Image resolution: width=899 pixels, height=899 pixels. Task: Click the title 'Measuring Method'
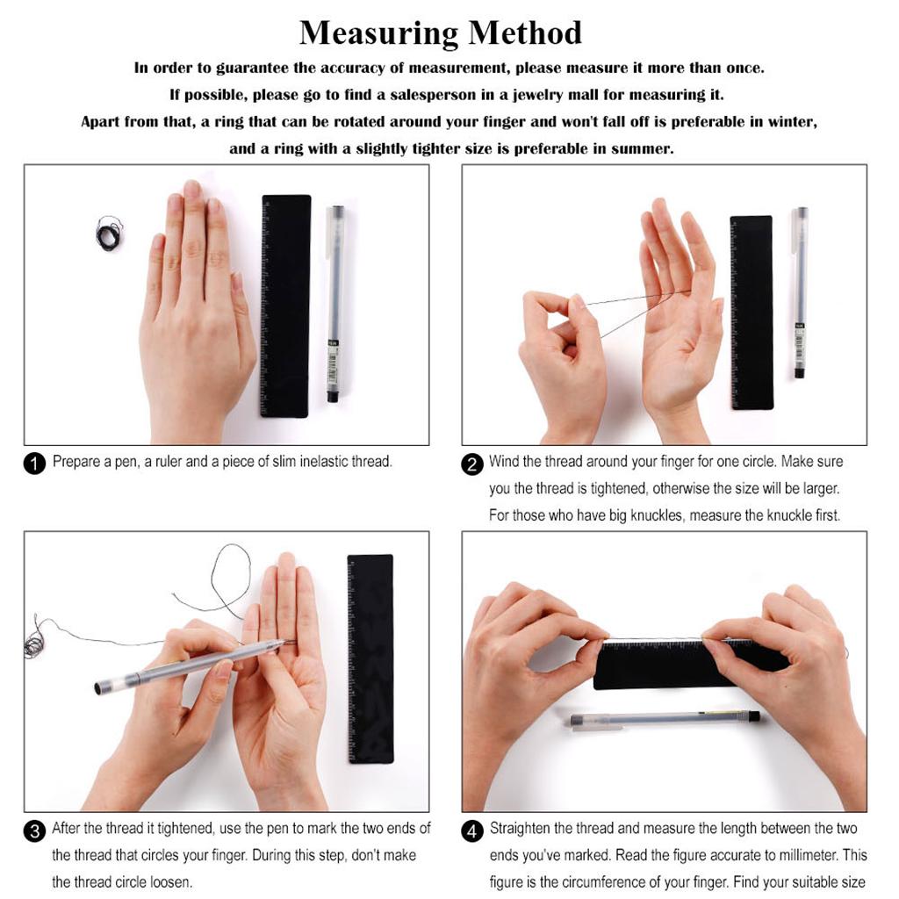440,32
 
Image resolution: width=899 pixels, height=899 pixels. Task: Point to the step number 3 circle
34,831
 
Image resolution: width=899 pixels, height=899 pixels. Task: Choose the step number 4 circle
473,831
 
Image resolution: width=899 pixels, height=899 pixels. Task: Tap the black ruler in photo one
285,305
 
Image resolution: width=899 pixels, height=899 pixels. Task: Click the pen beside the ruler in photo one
335,303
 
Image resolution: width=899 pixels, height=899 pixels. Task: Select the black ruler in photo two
752,312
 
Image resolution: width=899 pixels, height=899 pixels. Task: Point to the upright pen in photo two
801,292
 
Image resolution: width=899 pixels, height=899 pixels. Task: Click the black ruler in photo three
370,658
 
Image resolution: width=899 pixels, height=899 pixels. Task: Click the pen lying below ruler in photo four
664,718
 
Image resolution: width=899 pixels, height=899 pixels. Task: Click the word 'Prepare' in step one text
76,462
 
